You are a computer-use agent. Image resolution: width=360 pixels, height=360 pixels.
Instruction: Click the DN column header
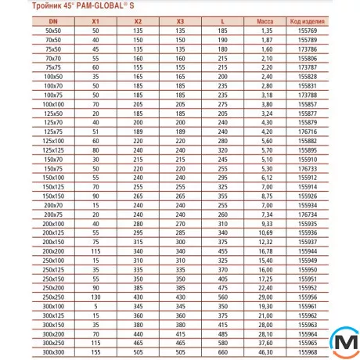tap(53, 20)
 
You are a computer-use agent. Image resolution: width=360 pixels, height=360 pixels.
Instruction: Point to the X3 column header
tap(180, 20)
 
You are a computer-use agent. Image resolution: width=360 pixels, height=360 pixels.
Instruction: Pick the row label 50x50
tap(53, 29)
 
